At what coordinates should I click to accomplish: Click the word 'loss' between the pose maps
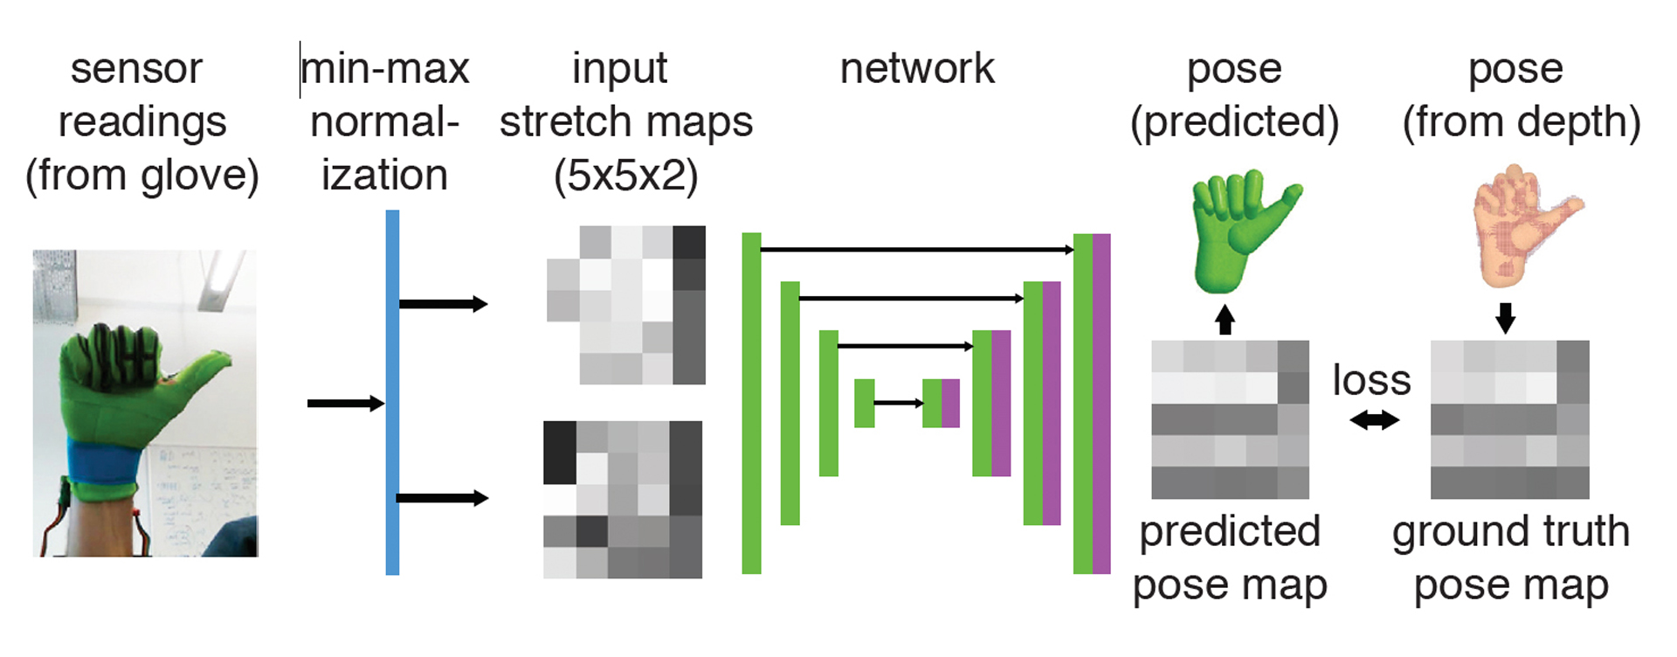[1371, 380]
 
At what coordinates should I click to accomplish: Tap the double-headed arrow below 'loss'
[1374, 421]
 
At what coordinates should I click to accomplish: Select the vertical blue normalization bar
[392, 392]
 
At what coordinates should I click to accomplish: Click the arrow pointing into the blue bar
[346, 403]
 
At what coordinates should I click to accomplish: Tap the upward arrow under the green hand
[1225, 320]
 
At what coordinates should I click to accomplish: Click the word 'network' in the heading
[917, 69]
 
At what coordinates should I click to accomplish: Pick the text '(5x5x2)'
[625, 176]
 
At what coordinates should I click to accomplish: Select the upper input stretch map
[626, 305]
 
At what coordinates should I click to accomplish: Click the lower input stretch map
[623, 500]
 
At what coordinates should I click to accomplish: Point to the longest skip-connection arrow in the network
[917, 250]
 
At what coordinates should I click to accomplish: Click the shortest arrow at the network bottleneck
[899, 403]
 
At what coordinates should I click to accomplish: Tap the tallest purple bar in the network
[1101, 404]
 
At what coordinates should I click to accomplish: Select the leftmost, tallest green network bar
[751, 403]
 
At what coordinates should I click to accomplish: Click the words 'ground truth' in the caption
[1511, 532]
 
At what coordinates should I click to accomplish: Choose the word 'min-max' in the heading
[385, 69]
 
